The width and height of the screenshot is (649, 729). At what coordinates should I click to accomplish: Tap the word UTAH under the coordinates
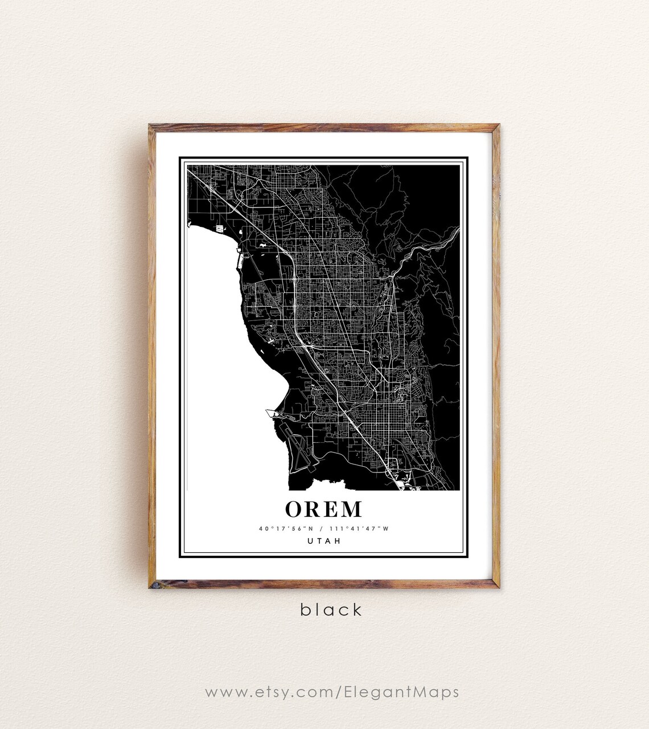[323, 541]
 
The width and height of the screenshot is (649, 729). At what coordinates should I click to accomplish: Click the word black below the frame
[331, 610]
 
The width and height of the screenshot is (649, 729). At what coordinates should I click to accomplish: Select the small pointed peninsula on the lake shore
[270, 410]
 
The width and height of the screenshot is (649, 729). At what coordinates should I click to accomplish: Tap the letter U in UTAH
[310, 541]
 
